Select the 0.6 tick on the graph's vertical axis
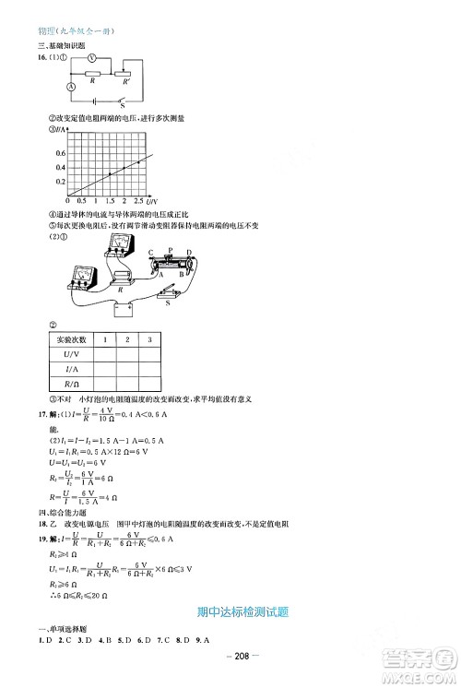[61, 152]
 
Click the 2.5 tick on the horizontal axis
[138, 200]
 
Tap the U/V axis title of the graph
[153, 200]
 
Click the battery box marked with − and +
[123, 310]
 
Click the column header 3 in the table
[148, 340]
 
